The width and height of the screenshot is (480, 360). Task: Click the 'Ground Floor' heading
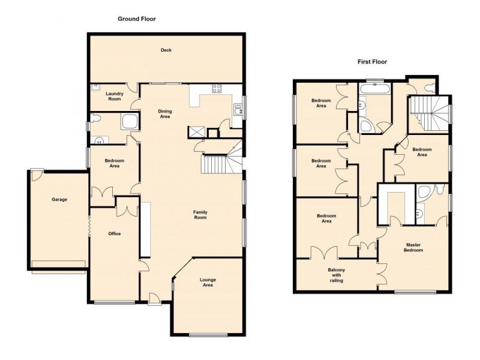click(x=136, y=19)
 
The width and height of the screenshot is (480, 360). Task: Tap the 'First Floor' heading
click(x=372, y=62)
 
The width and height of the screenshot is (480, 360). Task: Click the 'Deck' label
click(x=166, y=50)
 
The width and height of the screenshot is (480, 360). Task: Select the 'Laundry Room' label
click(x=114, y=96)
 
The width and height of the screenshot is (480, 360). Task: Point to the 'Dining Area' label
click(x=165, y=113)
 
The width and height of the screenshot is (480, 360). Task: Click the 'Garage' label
click(x=59, y=199)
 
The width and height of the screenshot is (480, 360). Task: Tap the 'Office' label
click(x=115, y=233)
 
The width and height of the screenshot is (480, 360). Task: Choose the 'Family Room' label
click(x=200, y=214)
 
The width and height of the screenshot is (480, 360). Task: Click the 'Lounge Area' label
click(x=208, y=283)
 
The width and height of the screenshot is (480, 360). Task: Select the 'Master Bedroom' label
click(x=414, y=247)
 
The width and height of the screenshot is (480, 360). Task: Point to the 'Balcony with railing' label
click(x=336, y=275)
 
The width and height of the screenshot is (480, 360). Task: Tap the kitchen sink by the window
click(x=238, y=109)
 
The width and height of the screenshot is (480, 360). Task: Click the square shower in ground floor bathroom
click(x=130, y=122)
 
